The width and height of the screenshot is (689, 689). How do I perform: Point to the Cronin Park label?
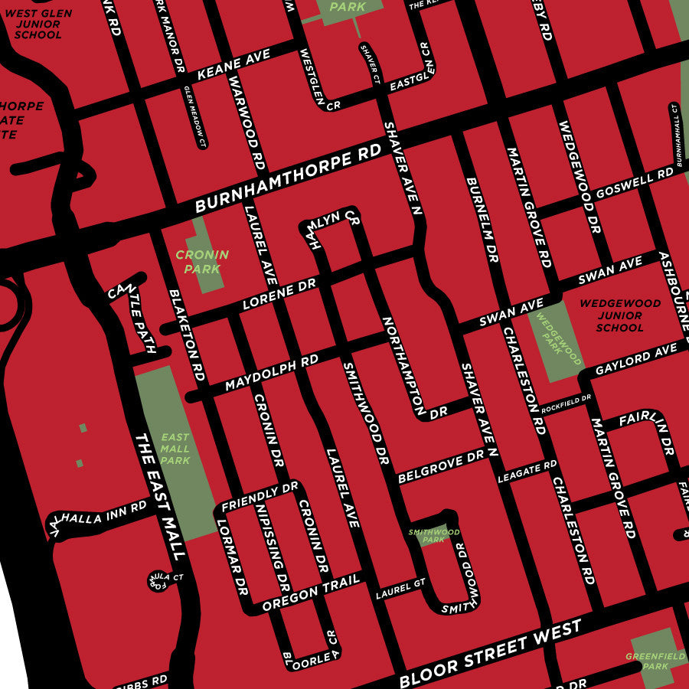click(x=202, y=262)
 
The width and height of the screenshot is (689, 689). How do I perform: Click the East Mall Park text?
click(x=175, y=449)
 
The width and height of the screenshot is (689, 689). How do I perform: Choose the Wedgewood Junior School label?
click(x=619, y=315)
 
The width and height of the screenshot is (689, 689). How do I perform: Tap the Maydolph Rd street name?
click(x=272, y=373)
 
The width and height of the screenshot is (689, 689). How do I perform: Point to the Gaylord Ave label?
click(x=636, y=357)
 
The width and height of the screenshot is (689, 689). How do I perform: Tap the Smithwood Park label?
click(x=433, y=535)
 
